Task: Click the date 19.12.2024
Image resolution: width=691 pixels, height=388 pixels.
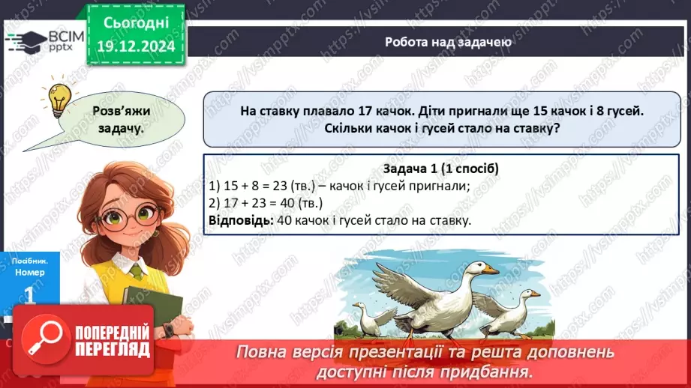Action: (x=136, y=46)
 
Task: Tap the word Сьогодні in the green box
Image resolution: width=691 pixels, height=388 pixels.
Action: (x=136, y=22)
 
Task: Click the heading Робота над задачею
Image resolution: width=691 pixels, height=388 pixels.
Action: (x=448, y=42)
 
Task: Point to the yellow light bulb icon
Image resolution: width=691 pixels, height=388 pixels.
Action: (x=59, y=100)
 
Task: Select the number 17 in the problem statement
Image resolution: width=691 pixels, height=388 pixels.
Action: (x=365, y=111)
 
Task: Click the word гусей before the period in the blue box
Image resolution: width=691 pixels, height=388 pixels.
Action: (x=624, y=111)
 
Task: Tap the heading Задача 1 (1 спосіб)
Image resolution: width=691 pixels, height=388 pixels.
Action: (x=440, y=169)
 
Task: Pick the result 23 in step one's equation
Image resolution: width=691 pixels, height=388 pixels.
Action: (x=280, y=186)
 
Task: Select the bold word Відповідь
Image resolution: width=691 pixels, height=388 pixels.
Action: (x=241, y=220)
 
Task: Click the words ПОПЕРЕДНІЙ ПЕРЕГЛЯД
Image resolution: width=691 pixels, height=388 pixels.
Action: (x=113, y=340)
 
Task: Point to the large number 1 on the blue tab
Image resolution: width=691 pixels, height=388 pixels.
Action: (x=29, y=295)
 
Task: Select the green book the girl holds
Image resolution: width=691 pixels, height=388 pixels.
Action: (x=152, y=306)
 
